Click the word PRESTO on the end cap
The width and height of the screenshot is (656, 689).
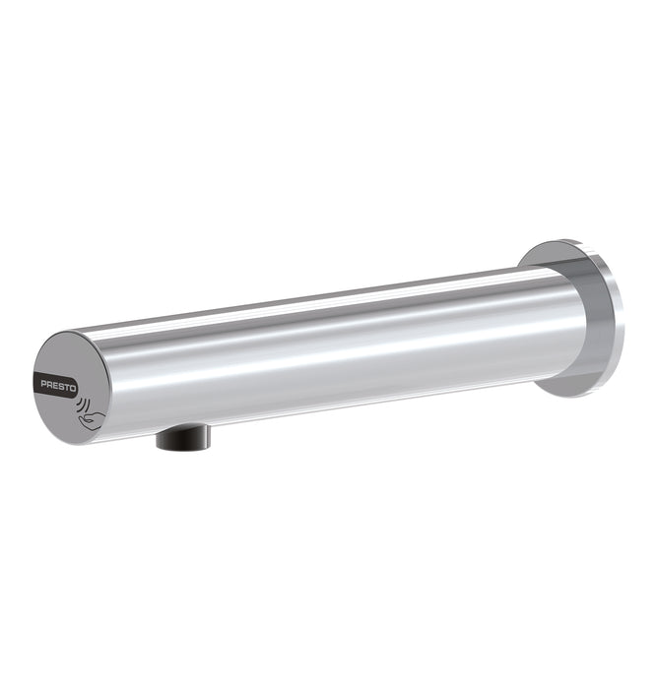coord(59,386)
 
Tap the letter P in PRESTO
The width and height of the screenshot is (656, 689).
coord(44,384)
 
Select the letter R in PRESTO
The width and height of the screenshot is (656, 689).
coord(50,385)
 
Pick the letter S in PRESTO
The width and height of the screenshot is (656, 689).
coord(61,386)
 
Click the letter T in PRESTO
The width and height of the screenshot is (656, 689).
coord(67,387)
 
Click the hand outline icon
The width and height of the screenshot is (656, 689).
coord(92,420)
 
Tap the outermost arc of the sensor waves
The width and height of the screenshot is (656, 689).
coord(88,405)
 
